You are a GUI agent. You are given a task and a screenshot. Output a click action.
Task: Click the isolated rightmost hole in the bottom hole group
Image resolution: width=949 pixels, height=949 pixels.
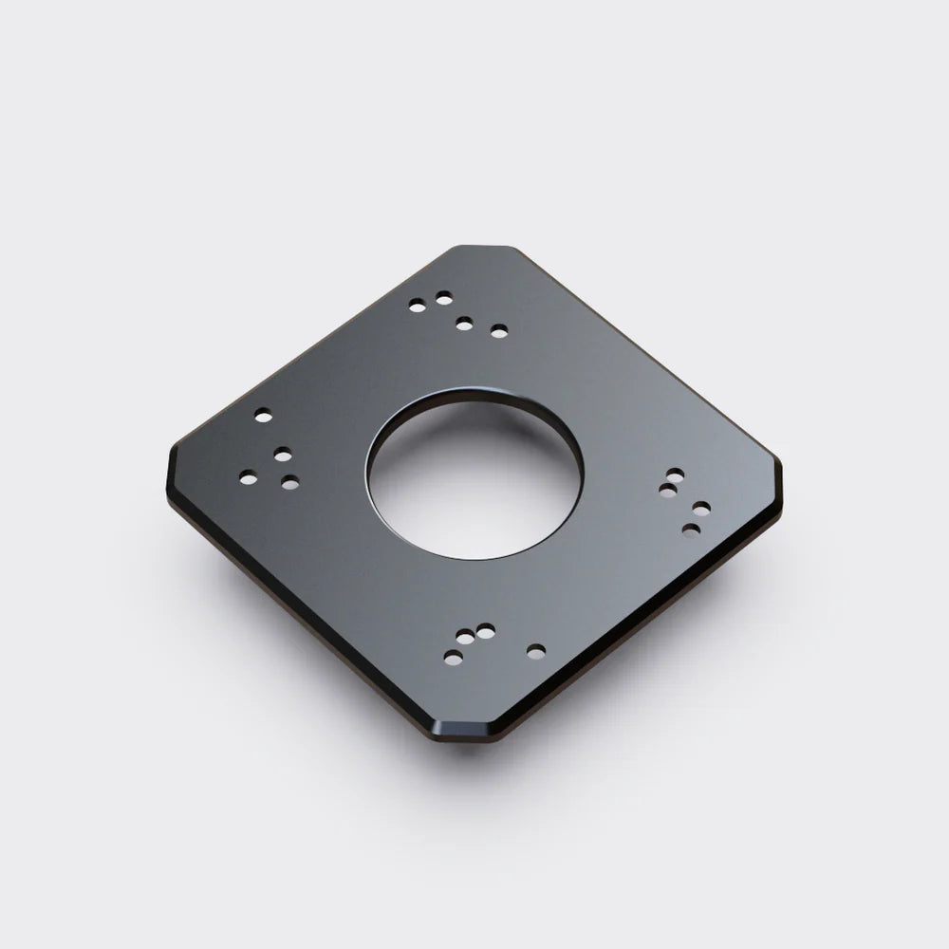[x=536, y=651]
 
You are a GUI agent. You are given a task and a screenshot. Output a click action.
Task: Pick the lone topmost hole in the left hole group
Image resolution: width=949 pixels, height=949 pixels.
[x=263, y=415]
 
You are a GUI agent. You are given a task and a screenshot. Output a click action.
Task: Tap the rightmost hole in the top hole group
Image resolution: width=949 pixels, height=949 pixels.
[x=499, y=331]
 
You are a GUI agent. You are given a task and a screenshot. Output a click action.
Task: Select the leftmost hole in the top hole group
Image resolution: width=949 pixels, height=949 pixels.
[x=417, y=306]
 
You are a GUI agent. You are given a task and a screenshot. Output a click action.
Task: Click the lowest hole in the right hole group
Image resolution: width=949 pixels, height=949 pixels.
[x=692, y=530]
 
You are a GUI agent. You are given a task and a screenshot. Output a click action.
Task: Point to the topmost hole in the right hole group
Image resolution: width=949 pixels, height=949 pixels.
[x=675, y=473]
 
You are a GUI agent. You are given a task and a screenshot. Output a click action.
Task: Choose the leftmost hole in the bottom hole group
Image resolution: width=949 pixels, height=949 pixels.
[x=454, y=657]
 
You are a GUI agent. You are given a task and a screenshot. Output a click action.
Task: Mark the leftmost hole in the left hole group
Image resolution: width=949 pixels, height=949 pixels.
[x=248, y=477]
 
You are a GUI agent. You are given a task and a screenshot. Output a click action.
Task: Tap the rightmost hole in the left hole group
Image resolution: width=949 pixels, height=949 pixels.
[x=290, y=482]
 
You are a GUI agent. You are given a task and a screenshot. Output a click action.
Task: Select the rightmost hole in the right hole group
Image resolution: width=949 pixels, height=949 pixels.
[x=701, y=509]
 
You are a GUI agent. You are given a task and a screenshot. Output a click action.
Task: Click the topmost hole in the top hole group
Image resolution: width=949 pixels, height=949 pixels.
[x=443, y=298]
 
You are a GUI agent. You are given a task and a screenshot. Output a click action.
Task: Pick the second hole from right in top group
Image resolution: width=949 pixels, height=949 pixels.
[x=464, y=324]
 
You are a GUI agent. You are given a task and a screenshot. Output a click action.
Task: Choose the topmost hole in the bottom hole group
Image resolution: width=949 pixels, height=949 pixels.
[x=486, y=629]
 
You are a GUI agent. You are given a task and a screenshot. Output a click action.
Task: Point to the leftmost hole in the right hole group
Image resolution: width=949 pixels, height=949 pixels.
[x=667, y=490]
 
